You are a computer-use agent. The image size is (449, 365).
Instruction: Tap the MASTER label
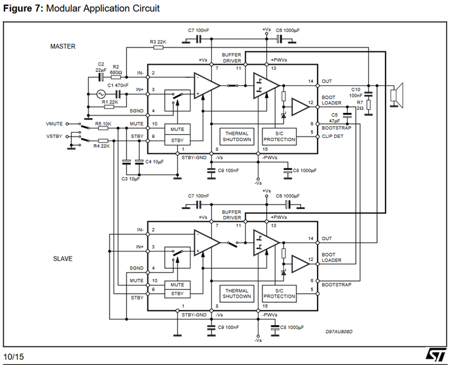click(x=63, y=46)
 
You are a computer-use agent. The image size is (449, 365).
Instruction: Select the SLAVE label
click(x=62, y=259)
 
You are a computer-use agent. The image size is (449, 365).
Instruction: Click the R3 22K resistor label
click(x=158, y=42)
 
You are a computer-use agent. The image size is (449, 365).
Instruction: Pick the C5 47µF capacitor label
click(x=334, y=117)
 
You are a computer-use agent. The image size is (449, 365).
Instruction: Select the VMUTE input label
click(x=55, y=123)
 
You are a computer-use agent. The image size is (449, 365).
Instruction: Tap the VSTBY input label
click(x=55, y=136)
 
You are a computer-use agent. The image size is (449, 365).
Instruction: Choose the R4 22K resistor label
click(x=103, y=146)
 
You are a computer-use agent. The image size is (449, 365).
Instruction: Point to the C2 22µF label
click(x=101, y=67)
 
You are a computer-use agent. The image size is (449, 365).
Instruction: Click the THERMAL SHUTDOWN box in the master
click(x=237, y=136)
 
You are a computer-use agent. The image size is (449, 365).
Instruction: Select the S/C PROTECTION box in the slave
click(x=279, y=293)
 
